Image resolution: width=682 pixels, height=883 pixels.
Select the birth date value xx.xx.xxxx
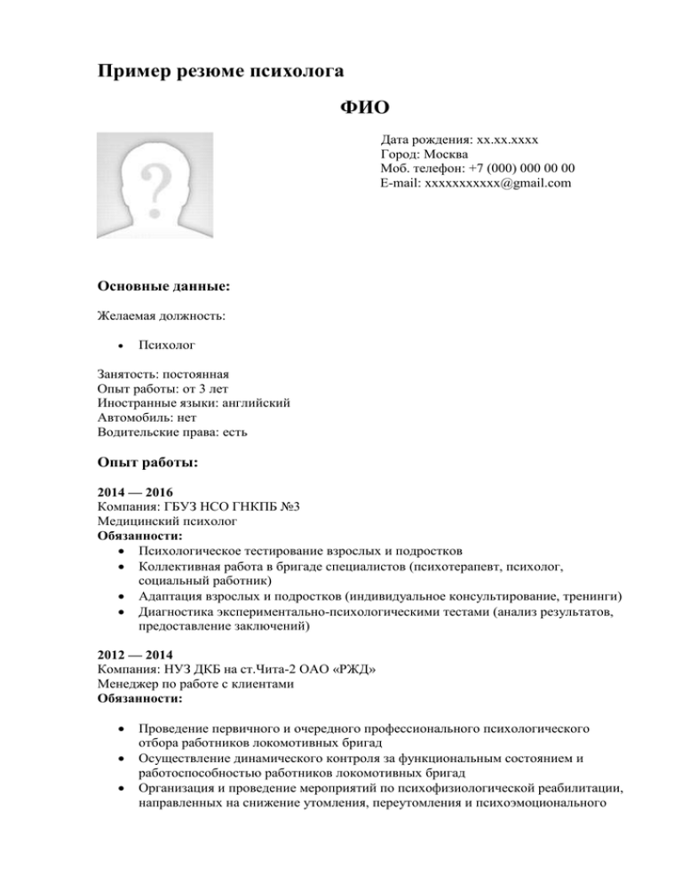click(511, 140)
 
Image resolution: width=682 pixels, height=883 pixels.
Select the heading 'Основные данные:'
click(163, 287)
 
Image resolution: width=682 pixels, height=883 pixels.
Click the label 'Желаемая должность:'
click(161, 315)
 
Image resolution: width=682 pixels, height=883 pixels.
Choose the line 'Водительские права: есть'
click(173, 431)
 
